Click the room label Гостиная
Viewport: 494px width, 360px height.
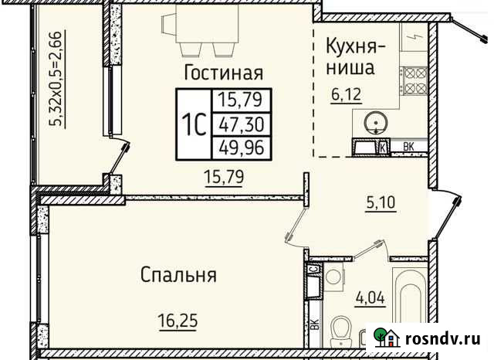coord(224,73)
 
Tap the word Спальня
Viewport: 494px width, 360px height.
coord(178,274)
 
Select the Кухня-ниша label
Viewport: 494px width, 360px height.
coord(350,55)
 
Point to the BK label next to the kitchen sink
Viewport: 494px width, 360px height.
coord(410,145)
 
